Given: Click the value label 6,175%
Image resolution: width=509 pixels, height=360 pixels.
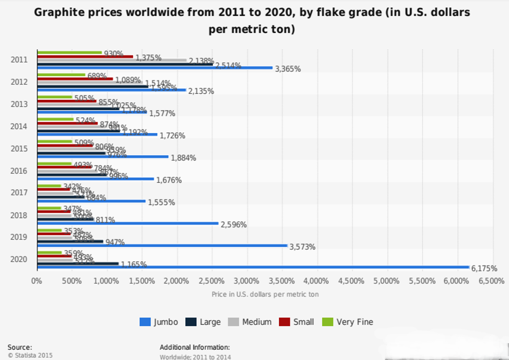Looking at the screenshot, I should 484,269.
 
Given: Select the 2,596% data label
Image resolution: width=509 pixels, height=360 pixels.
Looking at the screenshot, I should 234,224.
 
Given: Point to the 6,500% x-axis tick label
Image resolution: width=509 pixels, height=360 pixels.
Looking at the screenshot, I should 491,281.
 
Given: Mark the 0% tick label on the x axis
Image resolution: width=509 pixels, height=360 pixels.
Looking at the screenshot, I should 36,281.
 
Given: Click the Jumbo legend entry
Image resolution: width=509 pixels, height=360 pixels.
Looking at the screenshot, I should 159,322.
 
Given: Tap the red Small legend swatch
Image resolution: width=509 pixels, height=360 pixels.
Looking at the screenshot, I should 285,322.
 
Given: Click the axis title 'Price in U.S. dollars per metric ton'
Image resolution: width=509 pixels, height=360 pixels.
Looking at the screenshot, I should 265,294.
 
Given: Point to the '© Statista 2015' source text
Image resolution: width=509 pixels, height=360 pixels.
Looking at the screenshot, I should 30,355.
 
